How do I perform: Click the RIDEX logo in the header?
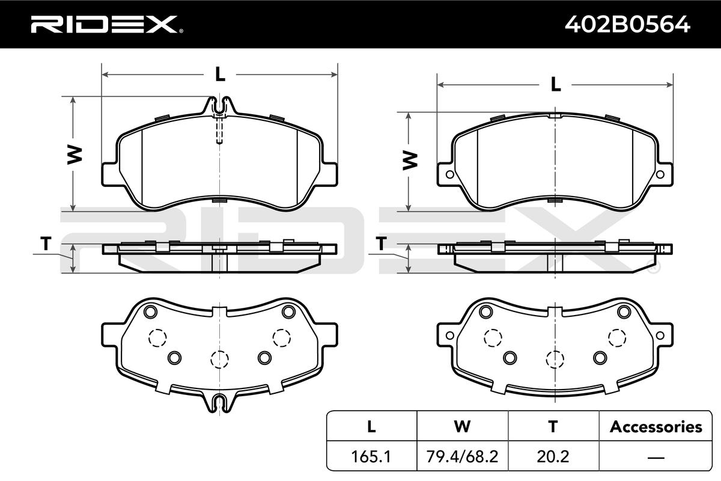106,24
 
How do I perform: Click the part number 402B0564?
627,25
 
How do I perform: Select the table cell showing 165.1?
371,456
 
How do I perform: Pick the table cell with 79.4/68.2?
462,456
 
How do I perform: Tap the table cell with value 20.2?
553,456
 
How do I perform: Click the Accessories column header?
656,426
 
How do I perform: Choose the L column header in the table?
371,426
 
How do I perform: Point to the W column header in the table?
462,426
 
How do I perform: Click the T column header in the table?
553,426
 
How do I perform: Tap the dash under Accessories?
656,457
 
